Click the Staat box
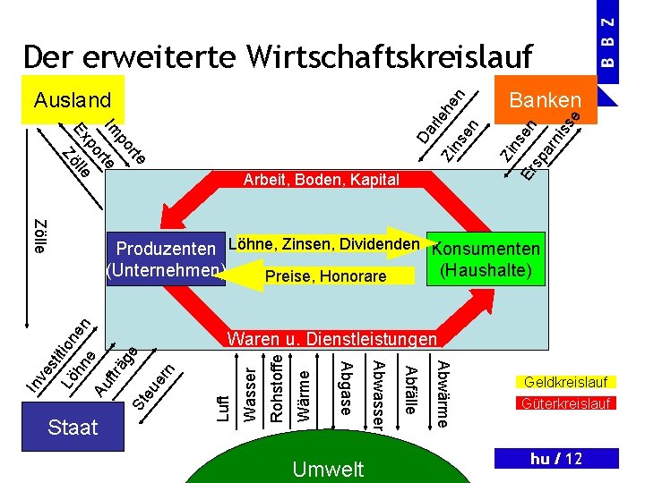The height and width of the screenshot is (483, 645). pos(73,427)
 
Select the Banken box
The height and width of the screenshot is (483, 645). pos(544,99)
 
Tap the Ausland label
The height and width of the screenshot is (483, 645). pos(72,99)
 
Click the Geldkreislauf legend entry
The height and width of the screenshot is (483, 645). pos(565,382)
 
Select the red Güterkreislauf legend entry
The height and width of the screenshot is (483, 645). pos(565,403)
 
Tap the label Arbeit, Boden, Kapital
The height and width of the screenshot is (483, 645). pos(321,180)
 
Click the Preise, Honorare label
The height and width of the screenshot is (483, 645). pos(325,276)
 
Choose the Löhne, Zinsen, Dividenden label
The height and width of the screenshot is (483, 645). pos(325,243)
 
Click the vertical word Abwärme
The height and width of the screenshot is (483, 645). pos(442,392)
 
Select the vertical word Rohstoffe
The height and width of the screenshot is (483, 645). pos(277,388)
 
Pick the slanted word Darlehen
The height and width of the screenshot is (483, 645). pos(441,115)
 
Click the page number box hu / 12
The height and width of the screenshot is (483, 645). pos(556,459)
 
